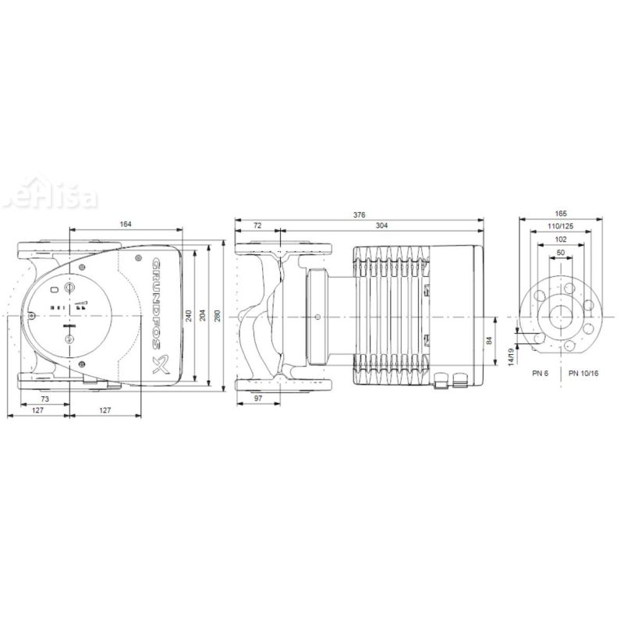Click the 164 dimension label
click(x=126, y=224)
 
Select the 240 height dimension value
click(x=188, y=316)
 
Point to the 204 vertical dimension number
click(x=203, y=316)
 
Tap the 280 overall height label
click(x=218, y=316)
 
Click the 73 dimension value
click(x=44, y=399)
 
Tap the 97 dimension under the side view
click(x=259, y=399)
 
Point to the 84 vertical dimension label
click(x=489, y=342)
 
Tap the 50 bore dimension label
click(x=562, y=253)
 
